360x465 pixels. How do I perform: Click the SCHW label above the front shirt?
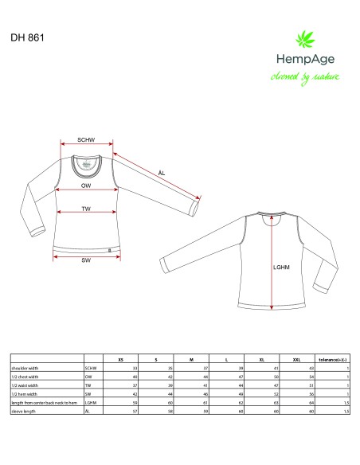86,140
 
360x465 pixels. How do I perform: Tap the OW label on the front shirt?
85,185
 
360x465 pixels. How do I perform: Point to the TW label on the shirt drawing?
85,209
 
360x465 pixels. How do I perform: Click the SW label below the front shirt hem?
85,260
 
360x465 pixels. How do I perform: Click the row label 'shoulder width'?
27,369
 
